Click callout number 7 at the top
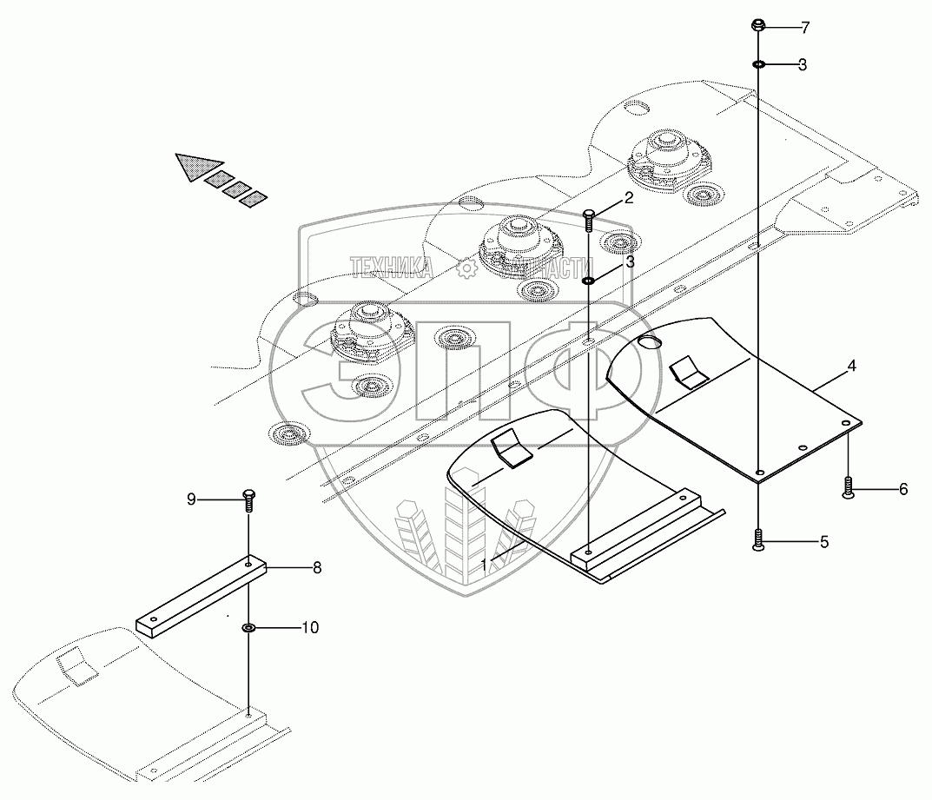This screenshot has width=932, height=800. [805, 29]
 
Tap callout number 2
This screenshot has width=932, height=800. [629, 197]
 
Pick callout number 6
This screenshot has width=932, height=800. [902, 489]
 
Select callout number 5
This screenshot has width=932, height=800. [823, 542]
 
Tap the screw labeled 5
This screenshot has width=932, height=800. [759, 540]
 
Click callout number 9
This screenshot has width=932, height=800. [191, 499]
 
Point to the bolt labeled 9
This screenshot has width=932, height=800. [248, 500]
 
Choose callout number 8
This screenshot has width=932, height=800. [317, 568]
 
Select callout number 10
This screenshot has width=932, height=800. [309, 626]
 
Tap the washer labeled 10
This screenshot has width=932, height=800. [248, 626]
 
